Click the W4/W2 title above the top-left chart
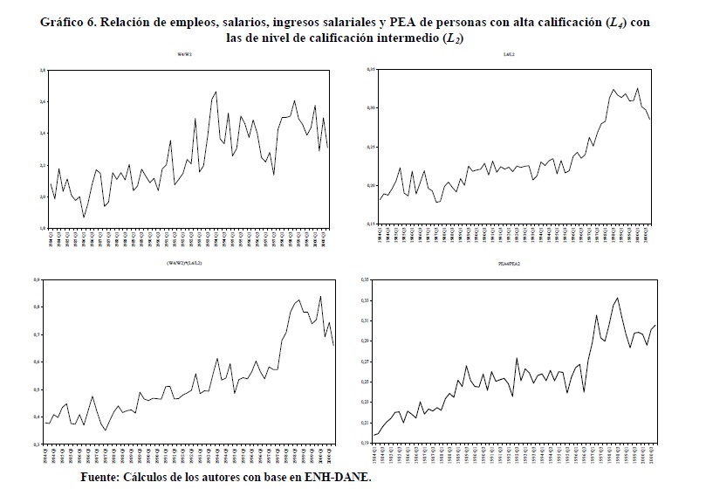pyautogui.click(x=184, y=57)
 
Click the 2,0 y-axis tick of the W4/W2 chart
pyautogui.click(x=40, y=197)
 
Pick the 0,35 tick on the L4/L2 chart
pyautogui.click(x=370, y=69)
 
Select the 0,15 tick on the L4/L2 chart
pyautogui.click(x=370, y=224)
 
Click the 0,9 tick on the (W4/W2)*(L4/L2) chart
pyautogui.click(x=37, y=279)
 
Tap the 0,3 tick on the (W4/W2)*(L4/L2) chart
pyautogui.click(x=37, y=444)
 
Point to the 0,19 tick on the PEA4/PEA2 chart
pyautogui.click(x=366, y=445)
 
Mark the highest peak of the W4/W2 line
pyautogui.click(x=216, y=92)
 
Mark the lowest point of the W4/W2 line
pyautogui.click(x=84, y=217)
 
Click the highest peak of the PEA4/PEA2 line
pyautogui.click(x=618, y=298)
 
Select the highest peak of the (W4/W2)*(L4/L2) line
pyautogui.click(x=321, y=296)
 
